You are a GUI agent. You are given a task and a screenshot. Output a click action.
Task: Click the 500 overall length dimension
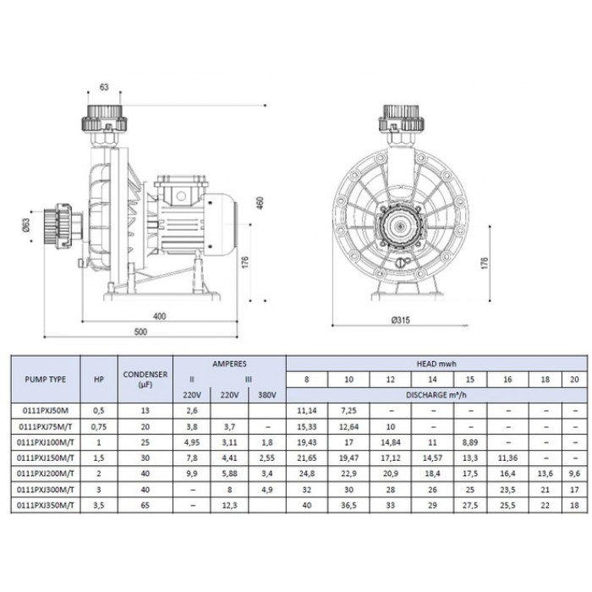(140, 332)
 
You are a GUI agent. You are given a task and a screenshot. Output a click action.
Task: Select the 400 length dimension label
(159, 316)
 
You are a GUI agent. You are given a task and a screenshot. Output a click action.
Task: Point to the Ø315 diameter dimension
(401, 321)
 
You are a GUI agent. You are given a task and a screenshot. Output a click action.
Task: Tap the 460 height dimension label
(260, 204)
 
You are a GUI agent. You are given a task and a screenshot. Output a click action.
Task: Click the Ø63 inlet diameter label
(26, 226)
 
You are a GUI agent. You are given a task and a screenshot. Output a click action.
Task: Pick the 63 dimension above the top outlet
(104, 87)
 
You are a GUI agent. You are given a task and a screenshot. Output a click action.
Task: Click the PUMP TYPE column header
(46, 380)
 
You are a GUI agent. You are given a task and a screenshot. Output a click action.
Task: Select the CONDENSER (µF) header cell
(145, 380)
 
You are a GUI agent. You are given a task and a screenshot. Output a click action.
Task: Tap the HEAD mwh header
(436, 364)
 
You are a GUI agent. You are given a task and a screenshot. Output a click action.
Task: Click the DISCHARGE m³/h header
(436, 395)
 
